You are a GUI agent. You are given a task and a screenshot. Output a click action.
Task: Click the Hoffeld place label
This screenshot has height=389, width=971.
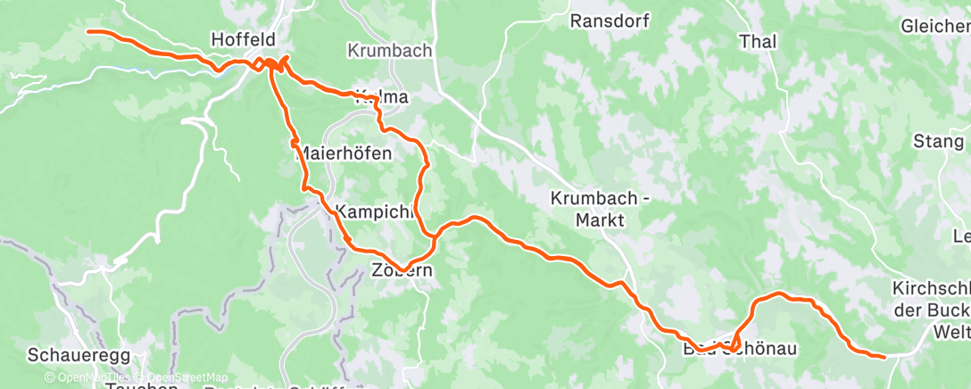[242, 39]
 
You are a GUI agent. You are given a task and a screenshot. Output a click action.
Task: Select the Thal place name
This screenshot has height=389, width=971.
[758, 41]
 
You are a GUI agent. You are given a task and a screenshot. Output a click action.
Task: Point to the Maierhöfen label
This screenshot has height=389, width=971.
[343, 153]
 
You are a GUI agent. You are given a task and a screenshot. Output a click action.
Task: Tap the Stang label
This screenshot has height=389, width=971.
[938, 141]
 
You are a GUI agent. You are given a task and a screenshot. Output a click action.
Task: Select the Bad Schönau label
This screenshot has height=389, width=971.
[726, 347]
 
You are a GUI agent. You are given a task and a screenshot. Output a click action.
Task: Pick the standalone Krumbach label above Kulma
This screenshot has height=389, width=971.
[389, 51]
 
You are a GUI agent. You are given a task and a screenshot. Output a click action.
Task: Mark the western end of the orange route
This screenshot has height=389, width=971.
[87, 31]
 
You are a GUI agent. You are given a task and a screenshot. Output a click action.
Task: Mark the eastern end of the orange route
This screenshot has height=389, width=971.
[884, 357]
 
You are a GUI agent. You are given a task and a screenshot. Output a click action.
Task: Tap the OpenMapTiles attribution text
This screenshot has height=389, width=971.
[85, 377]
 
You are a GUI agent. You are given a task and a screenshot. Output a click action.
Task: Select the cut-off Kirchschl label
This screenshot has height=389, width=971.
[931, 288]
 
